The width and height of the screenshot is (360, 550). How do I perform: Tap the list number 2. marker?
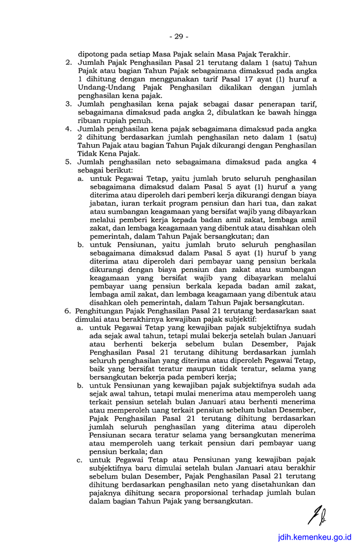click(69, 63)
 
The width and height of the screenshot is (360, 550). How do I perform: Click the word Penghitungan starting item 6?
click(102, 311)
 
